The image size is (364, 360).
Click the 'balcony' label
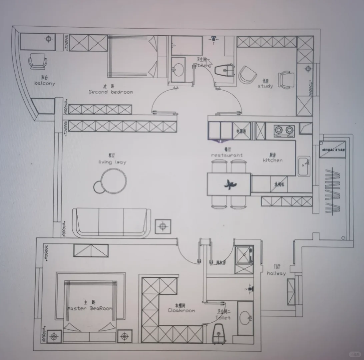click(x=44, y=83)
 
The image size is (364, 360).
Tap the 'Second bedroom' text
click(x=111, y=92)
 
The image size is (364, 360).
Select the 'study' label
click(x=265, y=86)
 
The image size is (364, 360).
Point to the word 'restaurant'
click(x=227, y=155)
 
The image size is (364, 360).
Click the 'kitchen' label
click(x=272, y=160)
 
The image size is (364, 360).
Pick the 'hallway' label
click(x=276, y=273)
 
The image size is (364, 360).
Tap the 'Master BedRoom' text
click(x=90, y=308)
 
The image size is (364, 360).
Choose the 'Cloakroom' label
click(x=181, y=311)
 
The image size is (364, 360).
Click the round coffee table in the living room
click(x=113, y=180)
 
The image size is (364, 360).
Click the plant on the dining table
click(x=229, y=183)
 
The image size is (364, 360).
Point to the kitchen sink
click(x=304, y=166)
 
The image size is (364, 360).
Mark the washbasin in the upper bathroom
click(x=178, y=69)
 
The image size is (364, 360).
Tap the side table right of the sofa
click(x=163, y=226)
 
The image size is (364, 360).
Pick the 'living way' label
click(x=112, y=162)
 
